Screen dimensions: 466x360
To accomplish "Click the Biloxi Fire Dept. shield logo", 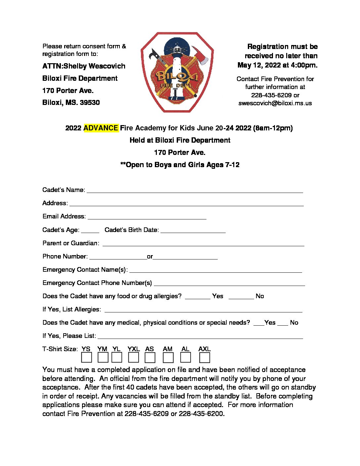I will [177, 72].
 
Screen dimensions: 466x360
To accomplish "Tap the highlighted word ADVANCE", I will [101, 128].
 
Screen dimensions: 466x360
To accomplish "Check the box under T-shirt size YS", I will [87, 357].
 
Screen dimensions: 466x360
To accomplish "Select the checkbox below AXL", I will [204, 357].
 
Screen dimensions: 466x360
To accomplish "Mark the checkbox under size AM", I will [168, 357].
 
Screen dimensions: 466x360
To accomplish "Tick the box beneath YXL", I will [133, 357].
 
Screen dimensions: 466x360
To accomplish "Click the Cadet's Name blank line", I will [195, 191].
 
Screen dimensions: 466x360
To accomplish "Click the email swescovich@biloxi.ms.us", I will [275, 103].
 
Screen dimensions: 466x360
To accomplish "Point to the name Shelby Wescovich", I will [94, 66].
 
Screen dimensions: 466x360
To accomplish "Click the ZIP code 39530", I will [90, 103].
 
